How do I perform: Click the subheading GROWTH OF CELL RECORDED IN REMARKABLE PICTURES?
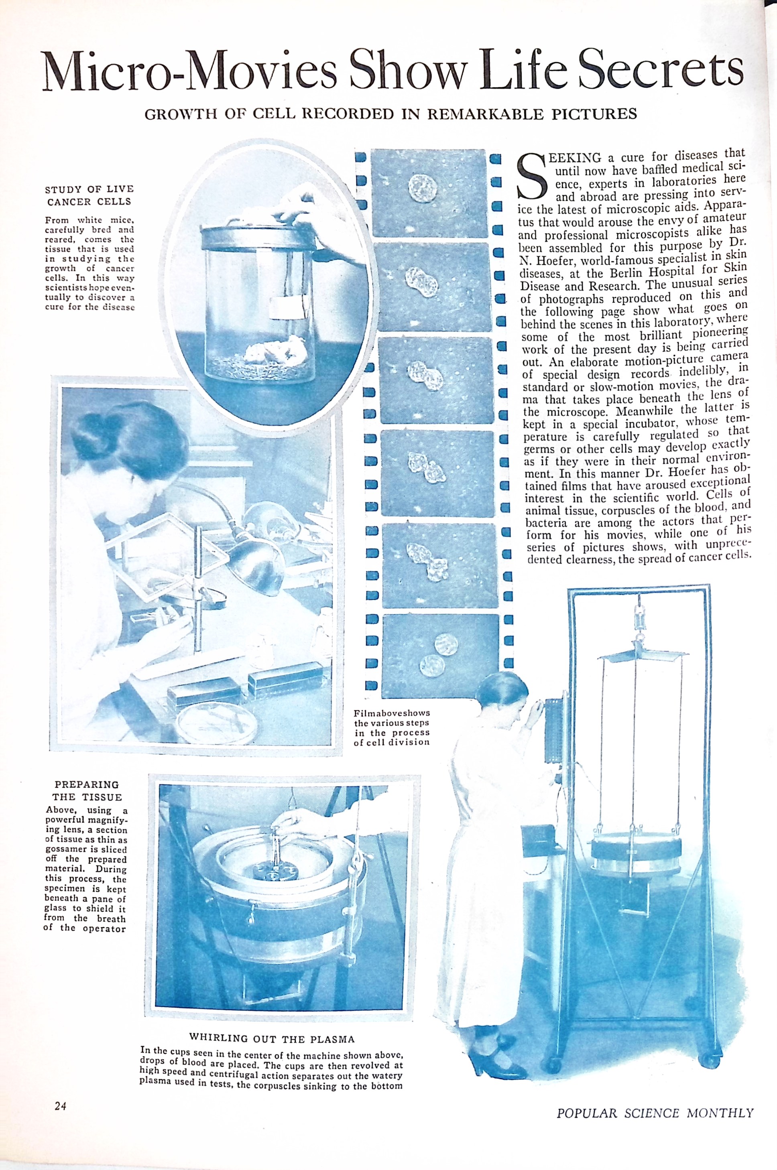pyautogui.click(x=391, y=114)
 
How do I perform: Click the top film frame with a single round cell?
pyautogui.click(x=429, y=194)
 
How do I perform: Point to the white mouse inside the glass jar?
pyautogui.click(x=272, y=348)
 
